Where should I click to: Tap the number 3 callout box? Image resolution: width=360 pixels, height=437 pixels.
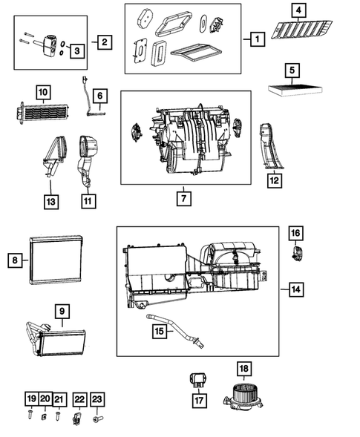tap(76, 50)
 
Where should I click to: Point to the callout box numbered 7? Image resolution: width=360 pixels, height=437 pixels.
tap(183, 199)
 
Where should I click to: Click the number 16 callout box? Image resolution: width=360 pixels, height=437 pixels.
tap(295, 234)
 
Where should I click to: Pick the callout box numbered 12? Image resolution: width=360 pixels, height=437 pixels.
tap(274, 178)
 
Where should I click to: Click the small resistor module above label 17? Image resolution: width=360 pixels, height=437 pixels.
tap(198, 379)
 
